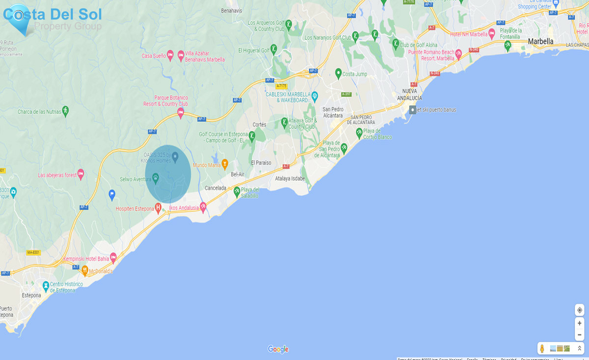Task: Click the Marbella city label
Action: tap(540, 42)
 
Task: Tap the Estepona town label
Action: tap(31, 295)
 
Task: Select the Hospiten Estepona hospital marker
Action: tap(158, 207)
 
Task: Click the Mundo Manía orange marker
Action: tap(224, 164)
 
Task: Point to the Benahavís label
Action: tap(231, 11)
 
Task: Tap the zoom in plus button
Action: tap(579, 323)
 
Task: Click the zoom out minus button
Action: tap(579, 335)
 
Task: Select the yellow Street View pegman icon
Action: tap(542, 349)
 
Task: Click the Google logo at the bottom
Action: tap(278, 349)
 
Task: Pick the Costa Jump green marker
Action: tap(338, 73)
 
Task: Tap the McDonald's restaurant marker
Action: tap(85, 270)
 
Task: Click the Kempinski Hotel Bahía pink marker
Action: tap(113, 258)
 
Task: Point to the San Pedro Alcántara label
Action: tap(333, 112)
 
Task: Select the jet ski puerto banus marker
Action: tap(413, 110)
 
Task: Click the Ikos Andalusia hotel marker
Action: tap(203, 207)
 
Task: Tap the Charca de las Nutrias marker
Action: tap(65, 111)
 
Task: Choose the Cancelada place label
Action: tap(215, 188)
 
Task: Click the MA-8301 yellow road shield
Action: tap(33, 252)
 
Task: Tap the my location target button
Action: tap(579, 310)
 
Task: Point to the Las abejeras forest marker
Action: tap(80, 174)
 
